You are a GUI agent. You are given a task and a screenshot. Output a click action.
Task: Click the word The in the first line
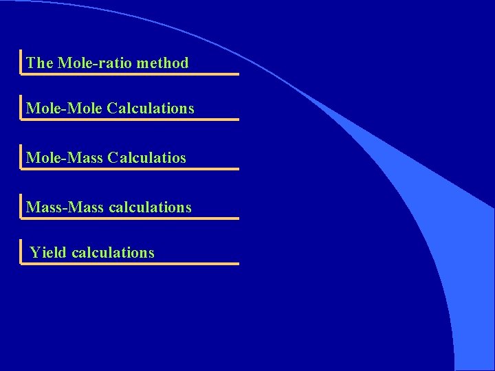(x=39, y=63)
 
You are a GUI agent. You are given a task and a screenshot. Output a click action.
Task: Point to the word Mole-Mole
(x=65, y=109)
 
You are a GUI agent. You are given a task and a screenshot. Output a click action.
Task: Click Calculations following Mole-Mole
(x=151, y=109)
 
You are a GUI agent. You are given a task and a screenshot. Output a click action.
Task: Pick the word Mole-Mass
(x=65, y=158)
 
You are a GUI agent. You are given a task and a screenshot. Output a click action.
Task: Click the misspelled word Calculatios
(x=146, y=158)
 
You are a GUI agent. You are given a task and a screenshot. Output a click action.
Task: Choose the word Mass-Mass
(x=65, y=207)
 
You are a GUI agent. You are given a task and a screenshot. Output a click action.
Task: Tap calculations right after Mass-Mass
(x=150, y=207)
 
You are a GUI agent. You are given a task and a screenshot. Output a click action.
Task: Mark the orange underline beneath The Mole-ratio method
(x=131, y=74)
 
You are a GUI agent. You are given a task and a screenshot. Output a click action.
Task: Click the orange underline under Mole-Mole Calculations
(x=131, y=119)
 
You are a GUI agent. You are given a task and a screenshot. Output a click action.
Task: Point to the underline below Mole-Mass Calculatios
(x=131, y=168)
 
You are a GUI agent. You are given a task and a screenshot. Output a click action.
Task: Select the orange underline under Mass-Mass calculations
(x=131, y=218)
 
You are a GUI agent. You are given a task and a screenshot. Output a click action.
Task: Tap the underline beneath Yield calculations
(x=131, y=263)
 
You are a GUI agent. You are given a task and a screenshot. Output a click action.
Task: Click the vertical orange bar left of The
(x=21, y=61)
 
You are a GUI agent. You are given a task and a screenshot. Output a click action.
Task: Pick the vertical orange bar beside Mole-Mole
(x=21, y=106)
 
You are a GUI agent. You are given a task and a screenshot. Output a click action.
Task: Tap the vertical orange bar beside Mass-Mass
(x=21, y=205)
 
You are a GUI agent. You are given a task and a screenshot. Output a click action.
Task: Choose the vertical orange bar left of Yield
(x=21, y=251)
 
